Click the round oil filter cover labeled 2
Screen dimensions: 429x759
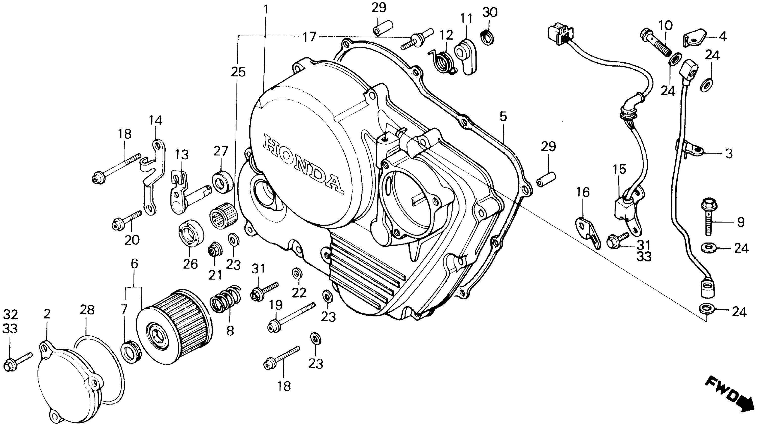pos(69,383)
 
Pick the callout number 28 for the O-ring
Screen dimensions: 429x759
pos(87,310)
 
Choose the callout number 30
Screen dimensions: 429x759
pos(490,12)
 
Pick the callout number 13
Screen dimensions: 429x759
pos(182,154)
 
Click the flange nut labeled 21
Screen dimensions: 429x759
pos(215,251)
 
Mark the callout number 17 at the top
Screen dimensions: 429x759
pos(309,37)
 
